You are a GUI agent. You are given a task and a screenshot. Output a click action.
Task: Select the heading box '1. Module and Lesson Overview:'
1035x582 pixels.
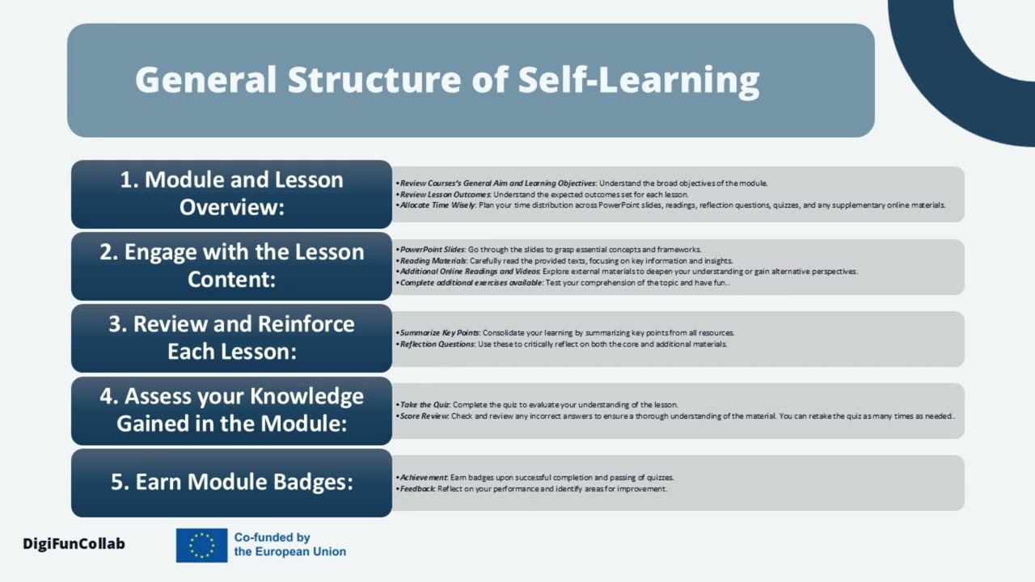click(231, 194)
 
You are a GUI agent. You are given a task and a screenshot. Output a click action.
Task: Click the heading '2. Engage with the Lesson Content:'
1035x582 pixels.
click(231, 266)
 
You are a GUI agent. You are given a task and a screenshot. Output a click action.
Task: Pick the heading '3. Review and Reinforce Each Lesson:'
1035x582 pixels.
click(231, 338)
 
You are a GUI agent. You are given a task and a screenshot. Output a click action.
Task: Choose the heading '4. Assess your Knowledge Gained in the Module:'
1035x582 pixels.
click(231, 410)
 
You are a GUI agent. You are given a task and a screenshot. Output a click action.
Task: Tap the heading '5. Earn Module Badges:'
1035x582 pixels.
click(231, 483)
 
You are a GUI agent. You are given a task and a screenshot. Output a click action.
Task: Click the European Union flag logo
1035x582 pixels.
click(201, 545)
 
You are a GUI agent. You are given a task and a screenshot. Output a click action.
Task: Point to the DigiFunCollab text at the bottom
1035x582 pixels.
click(74, 544)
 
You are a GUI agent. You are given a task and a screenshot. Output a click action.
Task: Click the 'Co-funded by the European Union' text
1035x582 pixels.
click(289, 545)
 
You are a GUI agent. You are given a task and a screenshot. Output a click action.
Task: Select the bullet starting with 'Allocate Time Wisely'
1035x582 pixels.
click(671, 205)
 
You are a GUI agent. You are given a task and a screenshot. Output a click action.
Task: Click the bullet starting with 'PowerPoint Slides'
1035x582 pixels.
click(550, 250)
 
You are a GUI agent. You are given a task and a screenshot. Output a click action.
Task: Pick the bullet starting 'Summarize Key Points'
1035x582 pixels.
click(566, 333)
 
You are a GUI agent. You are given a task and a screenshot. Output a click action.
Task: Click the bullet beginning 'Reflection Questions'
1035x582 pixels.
click(563, 344)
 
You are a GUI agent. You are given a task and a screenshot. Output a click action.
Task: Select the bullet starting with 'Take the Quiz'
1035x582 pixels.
click(539, 404)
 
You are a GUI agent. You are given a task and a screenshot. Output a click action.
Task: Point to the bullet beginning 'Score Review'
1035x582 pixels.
click(676, 416)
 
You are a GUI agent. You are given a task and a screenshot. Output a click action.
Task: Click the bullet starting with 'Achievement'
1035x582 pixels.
click(535, 478)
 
